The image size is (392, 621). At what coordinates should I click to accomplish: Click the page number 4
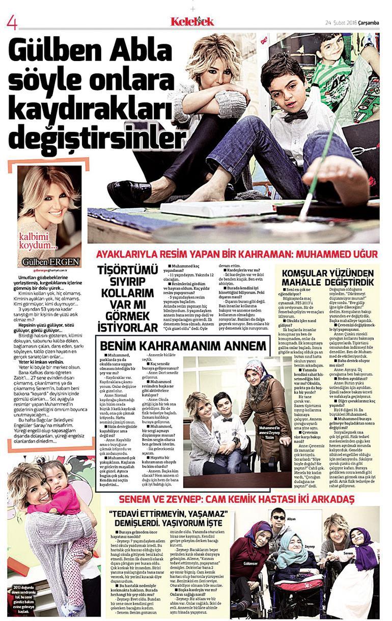click(12, 22)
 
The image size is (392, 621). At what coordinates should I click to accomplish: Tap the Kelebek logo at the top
click(192, 21)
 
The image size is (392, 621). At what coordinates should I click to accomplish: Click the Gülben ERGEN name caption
click(51, 262)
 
